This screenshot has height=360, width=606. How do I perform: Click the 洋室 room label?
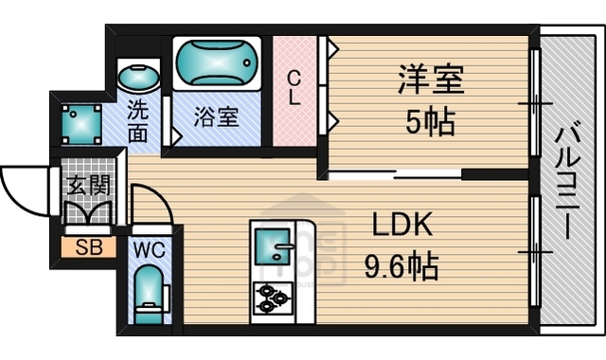pos(431,80)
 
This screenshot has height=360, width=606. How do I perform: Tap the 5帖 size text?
pos(431,120)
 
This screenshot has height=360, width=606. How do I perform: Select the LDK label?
pos(400,225)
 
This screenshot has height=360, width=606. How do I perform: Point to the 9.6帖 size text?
pos(401,268)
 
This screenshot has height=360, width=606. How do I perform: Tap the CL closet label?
pos(294,87)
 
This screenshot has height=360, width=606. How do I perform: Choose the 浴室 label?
pos(216,118)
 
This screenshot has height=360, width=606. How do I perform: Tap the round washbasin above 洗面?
pos(138,77)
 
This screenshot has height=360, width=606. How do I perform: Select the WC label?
pos(150,251)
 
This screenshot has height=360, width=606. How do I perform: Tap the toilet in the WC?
pos(150,297)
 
